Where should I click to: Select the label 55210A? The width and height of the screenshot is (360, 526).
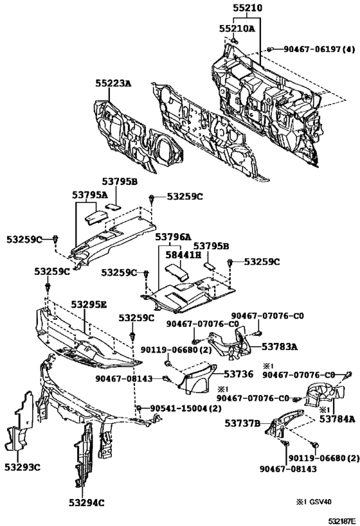(237, 28)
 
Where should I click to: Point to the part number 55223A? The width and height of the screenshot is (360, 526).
(113, 83)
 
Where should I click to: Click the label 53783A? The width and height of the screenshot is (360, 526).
(279, 346)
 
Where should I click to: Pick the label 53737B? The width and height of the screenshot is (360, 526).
(242, 423)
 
